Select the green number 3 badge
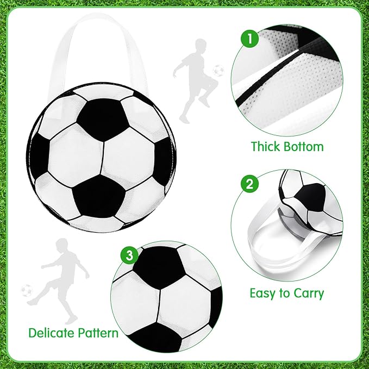(x=129, y=254)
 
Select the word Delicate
(x=53, y=333)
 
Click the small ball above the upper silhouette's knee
(x=218, y=70)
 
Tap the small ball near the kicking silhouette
(x=26, y=290)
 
